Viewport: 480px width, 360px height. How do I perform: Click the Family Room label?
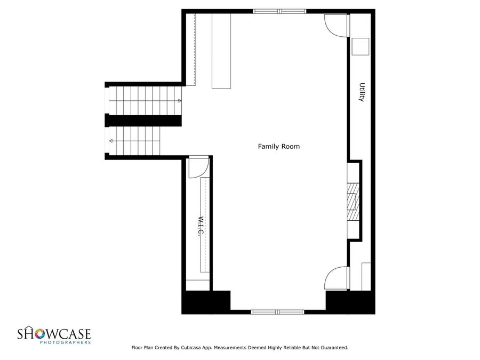click(279, 146)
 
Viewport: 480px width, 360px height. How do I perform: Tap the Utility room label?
click(362, 92)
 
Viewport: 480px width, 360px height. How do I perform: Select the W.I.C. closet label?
click(201, 227)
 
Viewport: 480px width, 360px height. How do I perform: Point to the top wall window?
click(279, 11)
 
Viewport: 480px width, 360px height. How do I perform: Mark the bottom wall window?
click(277, 312)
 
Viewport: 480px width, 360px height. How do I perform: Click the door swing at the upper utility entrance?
click(335, 25)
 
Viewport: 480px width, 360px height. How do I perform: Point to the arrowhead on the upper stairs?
click(179, 100)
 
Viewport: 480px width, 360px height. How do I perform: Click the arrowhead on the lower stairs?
click(111, 141)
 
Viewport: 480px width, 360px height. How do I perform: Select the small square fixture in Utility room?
click(361, 46)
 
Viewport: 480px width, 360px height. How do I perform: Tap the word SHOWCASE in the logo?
click(55, 334)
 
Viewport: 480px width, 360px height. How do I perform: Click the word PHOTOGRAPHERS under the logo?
click(66, 342)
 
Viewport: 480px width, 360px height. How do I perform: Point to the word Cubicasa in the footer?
click(203, 348)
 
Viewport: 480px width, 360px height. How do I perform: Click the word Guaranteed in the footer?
click(332, 348)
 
